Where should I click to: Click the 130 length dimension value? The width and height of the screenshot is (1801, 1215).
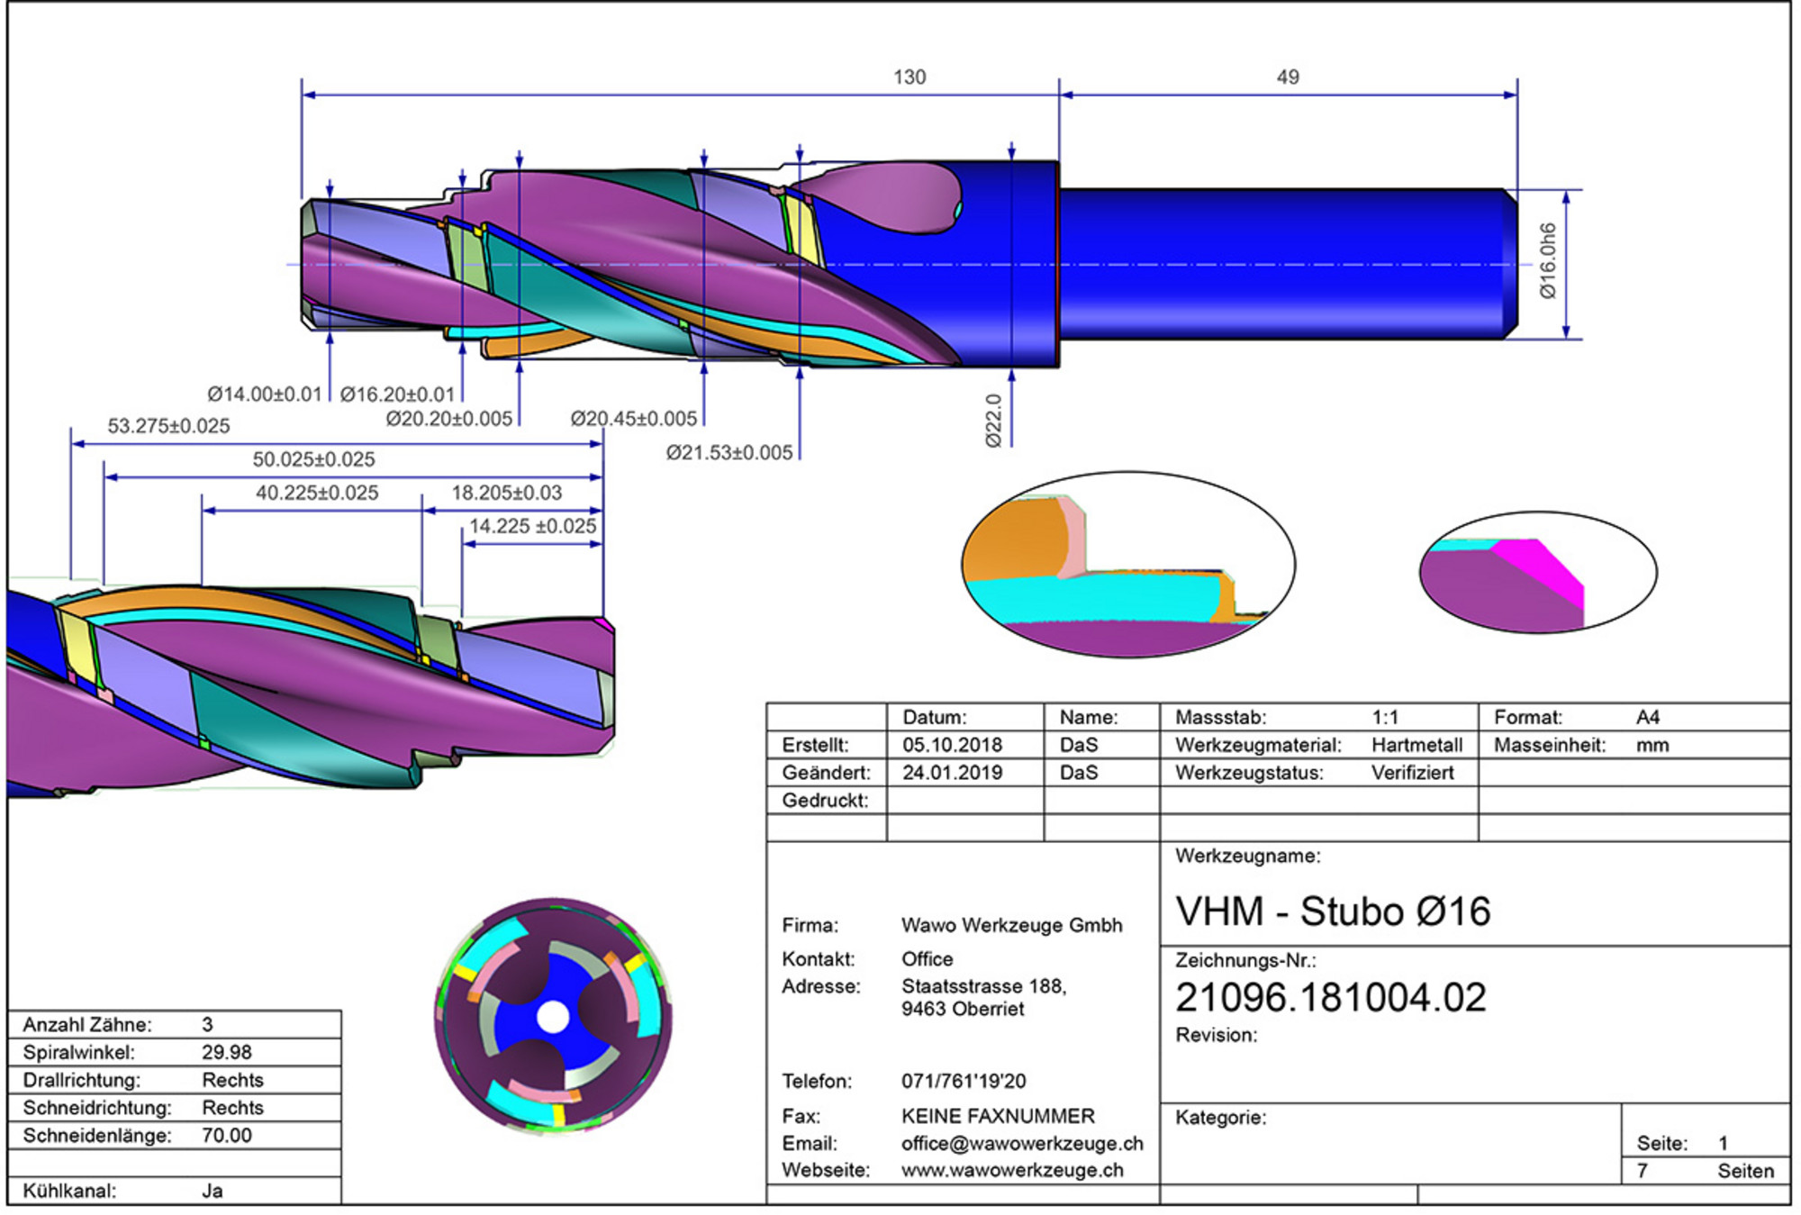point(910,77)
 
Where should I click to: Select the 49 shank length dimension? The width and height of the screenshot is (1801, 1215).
point(1288,77)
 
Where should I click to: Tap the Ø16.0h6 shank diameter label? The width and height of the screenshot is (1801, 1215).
point(1547,261)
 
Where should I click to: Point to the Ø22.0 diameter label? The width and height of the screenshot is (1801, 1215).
point(992,421)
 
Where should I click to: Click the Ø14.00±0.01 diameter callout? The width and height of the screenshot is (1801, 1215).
point(265,394)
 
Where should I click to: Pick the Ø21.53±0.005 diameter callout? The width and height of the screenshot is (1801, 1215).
point(729,453)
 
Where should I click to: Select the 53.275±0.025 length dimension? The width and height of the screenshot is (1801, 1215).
point(168,426)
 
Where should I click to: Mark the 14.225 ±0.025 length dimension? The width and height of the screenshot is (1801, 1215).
point(533,526)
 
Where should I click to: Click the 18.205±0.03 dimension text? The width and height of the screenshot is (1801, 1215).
point(507,493)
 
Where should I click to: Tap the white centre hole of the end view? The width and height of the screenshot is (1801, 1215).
point(553,1018)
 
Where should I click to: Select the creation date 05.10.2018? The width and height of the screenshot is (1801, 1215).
point(952,745)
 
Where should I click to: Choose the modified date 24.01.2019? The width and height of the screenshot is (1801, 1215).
point(952,773)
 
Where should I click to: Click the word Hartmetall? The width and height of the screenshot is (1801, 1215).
point(1417,745)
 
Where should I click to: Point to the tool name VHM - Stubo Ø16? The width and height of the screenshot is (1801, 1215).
point(1333,911)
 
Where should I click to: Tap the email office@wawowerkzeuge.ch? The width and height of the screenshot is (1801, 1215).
point(1022,1144)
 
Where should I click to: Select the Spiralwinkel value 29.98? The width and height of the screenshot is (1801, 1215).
point(227,1052)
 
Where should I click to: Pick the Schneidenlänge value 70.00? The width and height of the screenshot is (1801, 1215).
point(227,1135)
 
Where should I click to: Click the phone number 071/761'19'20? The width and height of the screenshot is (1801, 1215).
point(964,1081)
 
